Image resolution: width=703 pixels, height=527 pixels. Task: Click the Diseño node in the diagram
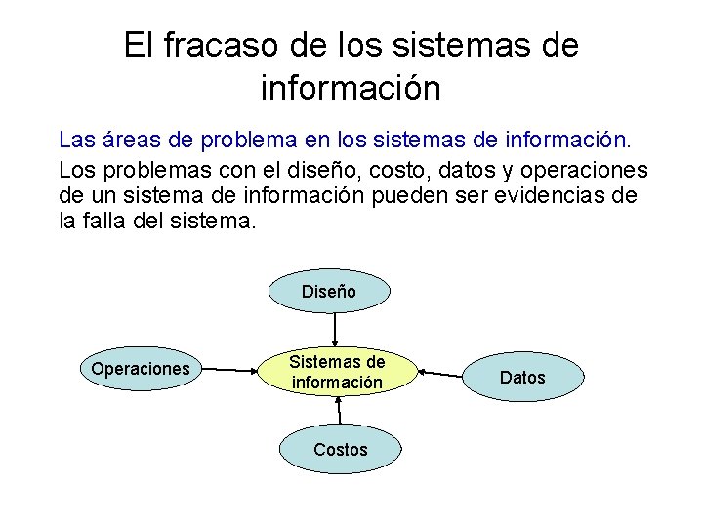click(329, 291)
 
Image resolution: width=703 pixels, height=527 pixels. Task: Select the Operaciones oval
click(140, 369)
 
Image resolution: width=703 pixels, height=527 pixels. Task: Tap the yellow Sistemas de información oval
click(337, 372)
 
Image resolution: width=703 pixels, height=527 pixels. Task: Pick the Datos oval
click(522, 377)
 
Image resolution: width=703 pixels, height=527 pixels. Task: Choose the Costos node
click(340, 449)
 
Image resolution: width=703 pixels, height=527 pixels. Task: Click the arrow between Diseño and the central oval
click(335, 328)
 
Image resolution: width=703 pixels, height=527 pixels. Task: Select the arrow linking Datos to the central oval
click(439, 373)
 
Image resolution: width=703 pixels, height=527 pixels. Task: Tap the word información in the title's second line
click(351, 88)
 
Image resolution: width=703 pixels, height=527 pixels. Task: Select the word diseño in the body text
click(327, 169)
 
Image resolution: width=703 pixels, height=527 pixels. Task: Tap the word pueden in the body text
click(408, 195)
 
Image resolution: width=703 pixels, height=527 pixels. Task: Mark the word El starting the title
click(138, 45)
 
